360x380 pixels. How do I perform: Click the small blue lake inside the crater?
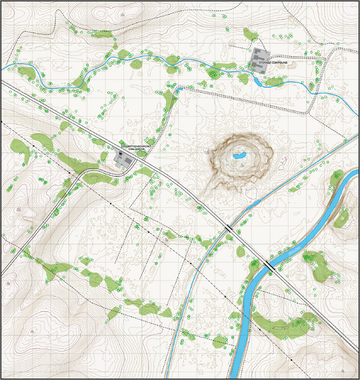(239, 157)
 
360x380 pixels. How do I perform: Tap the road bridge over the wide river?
(265, 264)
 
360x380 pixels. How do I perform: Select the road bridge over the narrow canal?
(230, 228)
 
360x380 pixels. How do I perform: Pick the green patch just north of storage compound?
(249, 34)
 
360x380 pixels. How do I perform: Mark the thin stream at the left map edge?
(4, 68)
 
